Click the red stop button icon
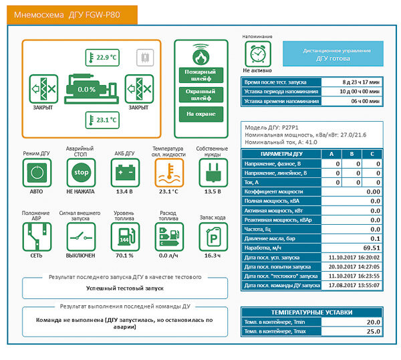pyautogui.click(x=81, y=173)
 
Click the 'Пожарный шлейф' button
pyautogui.click(x=200, y=74)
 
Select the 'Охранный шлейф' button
pyautogui.click(x=200, y=94)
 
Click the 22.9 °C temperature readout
pyautogui.click(x=101, y=58)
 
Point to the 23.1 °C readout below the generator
pyautogui.click(x=101, y=120)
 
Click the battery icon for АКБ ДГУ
pyautogui.click(x=124, y=173)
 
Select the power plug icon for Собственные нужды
pyautogui.click(x=212, y=173)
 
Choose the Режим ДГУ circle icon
pyautogui.click(x=36, y=173)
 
